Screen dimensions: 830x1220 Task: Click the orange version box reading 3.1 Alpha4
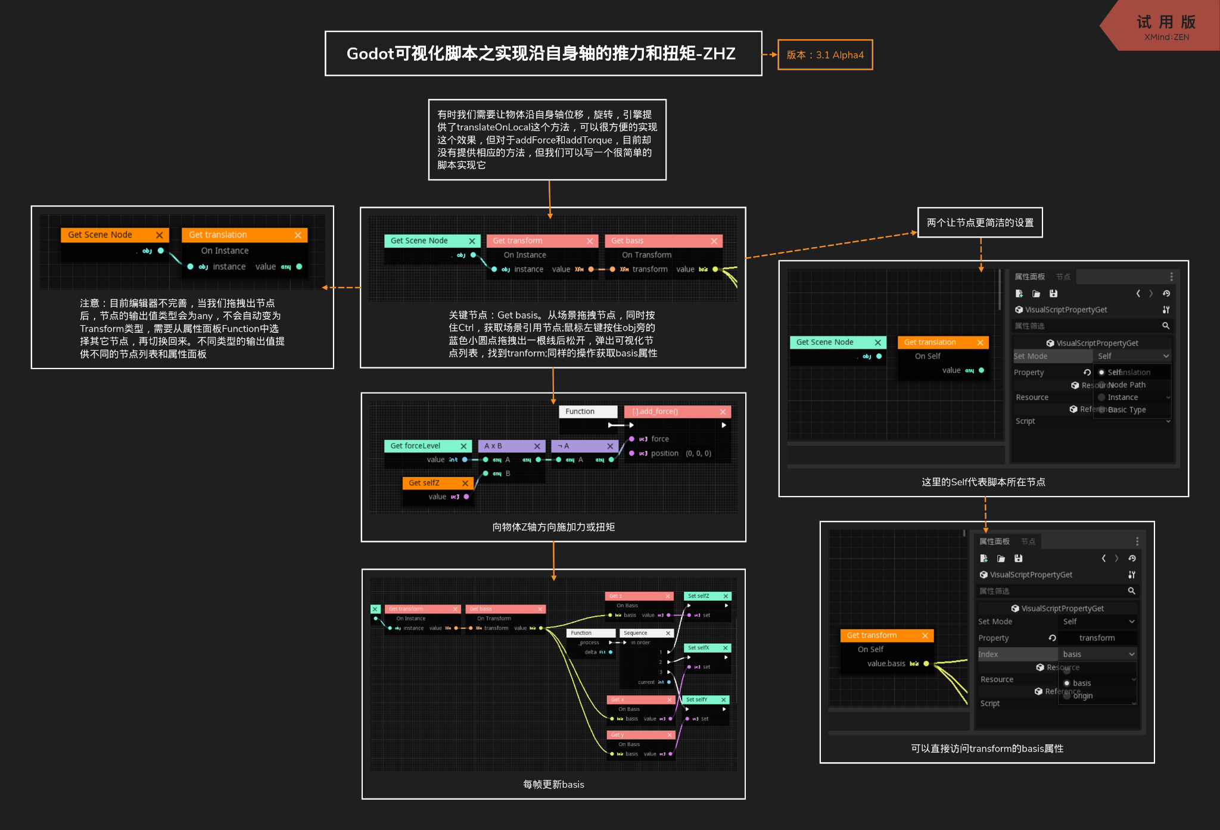click(x=825, y=55)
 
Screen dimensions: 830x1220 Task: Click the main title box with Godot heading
click(x=543, y=54)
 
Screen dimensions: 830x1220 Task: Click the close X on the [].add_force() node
click(x=723, y=411)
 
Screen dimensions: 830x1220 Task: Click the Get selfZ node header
click(x=431, y=483)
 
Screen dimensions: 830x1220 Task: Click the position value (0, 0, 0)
click(x=698, y=453)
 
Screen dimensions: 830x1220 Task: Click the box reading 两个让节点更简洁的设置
click(x=980, y=223)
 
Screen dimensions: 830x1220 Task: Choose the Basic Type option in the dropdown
click(x=1127, y=410)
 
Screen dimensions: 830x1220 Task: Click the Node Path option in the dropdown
click(x=1127, y=385)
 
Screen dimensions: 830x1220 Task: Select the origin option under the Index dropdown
click(x=1083, y=695)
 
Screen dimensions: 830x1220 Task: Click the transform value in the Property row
click(x=1097, y=638)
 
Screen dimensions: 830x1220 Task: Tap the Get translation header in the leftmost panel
click(x=238, y=235)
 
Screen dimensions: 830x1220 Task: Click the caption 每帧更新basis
click(x=553, y=784)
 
